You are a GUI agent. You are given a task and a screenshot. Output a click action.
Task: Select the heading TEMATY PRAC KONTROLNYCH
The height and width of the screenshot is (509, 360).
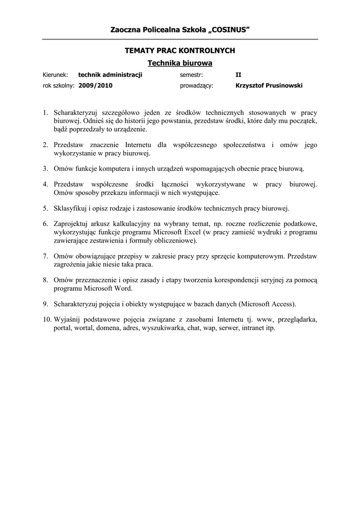(180, 51)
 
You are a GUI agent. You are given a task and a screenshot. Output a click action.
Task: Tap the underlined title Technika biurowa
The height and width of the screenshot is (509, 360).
(180, 63)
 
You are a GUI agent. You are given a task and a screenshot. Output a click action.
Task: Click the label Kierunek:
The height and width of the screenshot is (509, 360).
(58, 75)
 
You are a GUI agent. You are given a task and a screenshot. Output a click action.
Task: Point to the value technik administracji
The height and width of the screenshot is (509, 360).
(110, 75)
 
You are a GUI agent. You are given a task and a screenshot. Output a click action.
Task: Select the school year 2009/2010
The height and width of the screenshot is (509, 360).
(95, 85)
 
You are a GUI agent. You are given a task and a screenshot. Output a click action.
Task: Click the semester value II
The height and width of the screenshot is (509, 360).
(238, 75)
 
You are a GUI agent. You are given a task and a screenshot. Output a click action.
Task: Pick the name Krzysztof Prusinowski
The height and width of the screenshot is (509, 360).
(269, 85)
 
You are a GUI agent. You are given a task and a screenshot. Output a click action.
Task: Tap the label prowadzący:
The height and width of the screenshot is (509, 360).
(196, 85)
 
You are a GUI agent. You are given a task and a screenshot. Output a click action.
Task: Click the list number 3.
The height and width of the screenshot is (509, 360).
(45, 169)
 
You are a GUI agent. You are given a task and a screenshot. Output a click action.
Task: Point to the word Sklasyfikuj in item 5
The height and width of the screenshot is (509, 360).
(70, 208)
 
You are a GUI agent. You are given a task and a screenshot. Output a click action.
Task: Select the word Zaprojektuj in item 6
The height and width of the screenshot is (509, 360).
(71, 223)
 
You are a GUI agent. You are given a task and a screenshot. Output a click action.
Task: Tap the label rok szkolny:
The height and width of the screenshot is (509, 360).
(58, 85)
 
